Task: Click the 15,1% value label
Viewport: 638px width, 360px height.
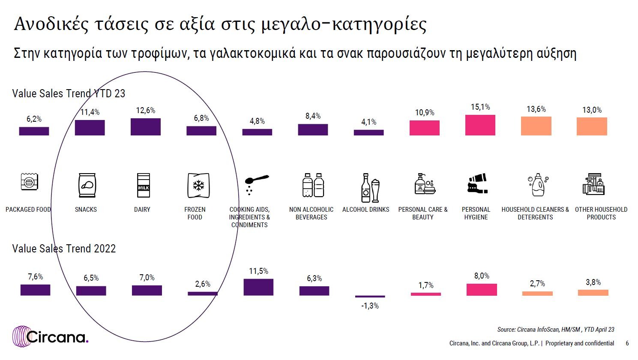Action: [x=480, y=107]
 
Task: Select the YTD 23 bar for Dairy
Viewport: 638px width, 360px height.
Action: [x=146, y=127]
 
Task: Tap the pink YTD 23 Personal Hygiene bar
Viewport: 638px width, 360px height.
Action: [x=480, y=125]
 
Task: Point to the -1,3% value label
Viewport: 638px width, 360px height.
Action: [x=370, y=306]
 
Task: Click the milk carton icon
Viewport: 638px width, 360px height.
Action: [x=143, y=185]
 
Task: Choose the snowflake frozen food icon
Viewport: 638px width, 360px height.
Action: [x=198, y=186]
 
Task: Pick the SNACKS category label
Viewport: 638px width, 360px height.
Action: [x=86, y=209]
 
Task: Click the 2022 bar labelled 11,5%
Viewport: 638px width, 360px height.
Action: [x=258, y=287]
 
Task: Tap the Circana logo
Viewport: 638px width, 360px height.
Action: [x=51, y=336]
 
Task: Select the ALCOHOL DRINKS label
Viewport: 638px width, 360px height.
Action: [x=366, y=209]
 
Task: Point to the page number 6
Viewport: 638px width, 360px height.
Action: [x=627, y=343]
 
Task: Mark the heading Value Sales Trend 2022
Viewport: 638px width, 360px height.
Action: [x=64, y=249]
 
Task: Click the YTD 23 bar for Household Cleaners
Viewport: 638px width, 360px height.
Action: [x=536, y=126]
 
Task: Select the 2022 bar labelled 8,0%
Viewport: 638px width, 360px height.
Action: [x=482, y=290]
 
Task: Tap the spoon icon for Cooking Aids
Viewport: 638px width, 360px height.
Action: [x=257, y=184]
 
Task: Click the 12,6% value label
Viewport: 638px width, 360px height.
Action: [x=146, y=110]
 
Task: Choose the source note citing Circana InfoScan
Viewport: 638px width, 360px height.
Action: [x=556, y=330]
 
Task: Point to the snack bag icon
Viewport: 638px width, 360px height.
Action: [x=87, y=185]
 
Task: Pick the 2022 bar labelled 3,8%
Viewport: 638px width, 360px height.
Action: [x=593, y=292]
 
